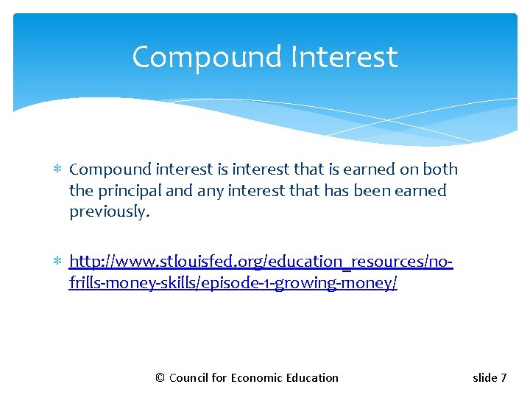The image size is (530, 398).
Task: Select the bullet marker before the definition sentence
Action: coord(58,170)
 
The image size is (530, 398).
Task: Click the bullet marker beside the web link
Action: coord(58,262)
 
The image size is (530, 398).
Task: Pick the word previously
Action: coord(109,212)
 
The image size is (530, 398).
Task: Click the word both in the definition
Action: coord(440,170)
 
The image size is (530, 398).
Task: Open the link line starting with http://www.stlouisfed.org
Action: coord(261,262)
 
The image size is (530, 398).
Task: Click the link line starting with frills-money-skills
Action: coord(233,283)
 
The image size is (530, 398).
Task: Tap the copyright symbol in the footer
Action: coord(160,378)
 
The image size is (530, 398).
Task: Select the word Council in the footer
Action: coord(188,378)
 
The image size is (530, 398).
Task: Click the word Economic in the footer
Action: coord(256,378)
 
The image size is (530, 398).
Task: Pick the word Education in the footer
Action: coord(312,378)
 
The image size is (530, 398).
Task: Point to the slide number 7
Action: coord(504,378)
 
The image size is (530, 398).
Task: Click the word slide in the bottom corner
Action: coord(484,378)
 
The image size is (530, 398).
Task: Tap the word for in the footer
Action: coord(219,378)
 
